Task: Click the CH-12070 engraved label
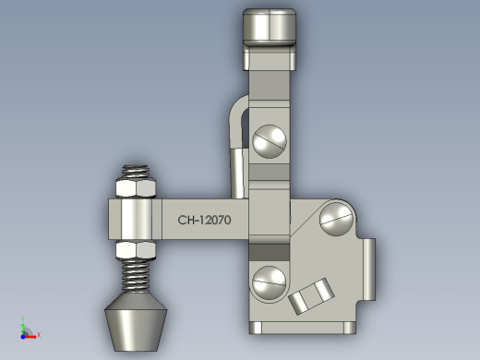click(204, 220)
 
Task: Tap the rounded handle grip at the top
click(270, 28)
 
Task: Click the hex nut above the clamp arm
click(136, 188)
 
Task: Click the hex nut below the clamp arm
click(136, 250)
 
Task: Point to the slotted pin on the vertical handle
click(270, 141)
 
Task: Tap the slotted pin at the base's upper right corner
click(337, 219)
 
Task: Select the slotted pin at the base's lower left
click(270, 283)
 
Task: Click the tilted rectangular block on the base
click(311, 296)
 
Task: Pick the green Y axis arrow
click(23, 326)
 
